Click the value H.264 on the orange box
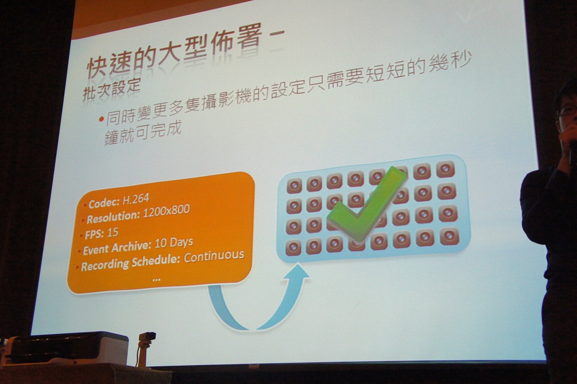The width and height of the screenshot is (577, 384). [136, 199]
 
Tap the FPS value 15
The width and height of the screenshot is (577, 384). [113, 232]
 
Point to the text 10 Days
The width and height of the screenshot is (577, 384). [174, 242]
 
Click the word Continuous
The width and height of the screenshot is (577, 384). [214, 255]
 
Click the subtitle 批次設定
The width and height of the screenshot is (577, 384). [112, 89]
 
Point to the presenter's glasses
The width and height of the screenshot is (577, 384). [565, 110]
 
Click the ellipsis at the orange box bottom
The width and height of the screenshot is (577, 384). [156, 280]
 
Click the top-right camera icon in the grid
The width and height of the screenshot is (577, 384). [445, 169]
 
